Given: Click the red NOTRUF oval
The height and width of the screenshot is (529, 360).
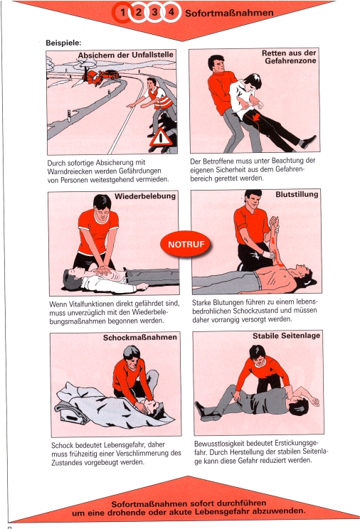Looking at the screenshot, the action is pos(185,244).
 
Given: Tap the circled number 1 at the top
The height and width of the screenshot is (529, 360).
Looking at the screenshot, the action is pos(122,13).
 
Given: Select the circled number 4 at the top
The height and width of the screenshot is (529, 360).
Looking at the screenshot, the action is pos(171,12).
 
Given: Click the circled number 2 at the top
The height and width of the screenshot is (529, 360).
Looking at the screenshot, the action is pos(139,13).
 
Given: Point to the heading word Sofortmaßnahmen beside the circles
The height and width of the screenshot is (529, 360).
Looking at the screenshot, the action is pos(229,13).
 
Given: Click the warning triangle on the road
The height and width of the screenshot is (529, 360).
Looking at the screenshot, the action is pos(161,138).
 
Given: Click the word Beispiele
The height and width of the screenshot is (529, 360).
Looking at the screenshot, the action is pos(63,43).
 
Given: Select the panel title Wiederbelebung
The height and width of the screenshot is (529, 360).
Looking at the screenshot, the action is pos(145,196).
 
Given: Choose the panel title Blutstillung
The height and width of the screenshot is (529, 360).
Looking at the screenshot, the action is pos(297,194).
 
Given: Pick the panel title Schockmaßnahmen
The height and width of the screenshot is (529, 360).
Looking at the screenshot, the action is pos(140,337).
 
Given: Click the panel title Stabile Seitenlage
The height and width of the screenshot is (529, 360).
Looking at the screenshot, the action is pos(287,336).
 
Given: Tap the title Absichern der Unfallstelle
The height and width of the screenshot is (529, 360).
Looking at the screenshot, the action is pos(126,55).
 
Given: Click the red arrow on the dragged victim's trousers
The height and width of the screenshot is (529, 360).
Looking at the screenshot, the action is pos(256,117).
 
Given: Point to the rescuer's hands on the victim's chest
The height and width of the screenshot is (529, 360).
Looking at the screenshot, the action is pos(102,270).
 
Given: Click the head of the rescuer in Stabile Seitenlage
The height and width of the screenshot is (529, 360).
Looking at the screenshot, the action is pos(258,356).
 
